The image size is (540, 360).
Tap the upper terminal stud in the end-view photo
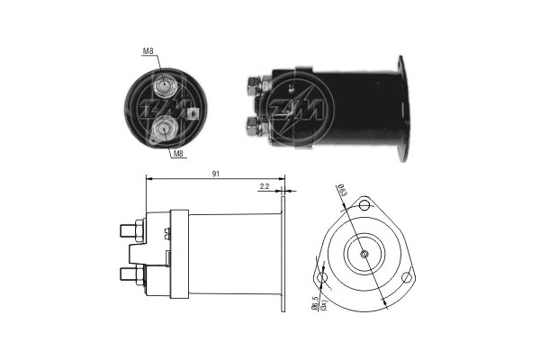point(166,88)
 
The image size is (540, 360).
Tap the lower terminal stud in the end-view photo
point(164,131)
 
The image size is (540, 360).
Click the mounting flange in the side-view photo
point(401,108)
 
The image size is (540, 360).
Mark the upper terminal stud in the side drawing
point(129,229)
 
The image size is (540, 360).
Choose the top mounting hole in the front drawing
point(364,205)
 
